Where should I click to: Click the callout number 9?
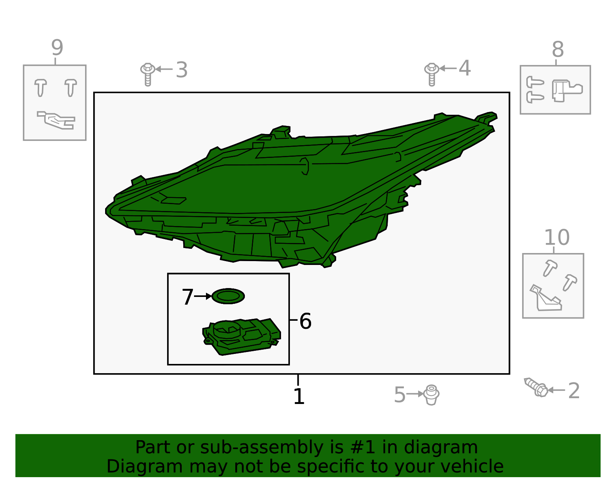[x=57, y=47]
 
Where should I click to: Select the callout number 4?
[x=465, y=68]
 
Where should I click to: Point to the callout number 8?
[x=557, y=49]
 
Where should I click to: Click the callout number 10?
[x=557, y=237]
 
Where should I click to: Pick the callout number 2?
[x=574, y=390]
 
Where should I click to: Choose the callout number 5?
[x=400, y=395]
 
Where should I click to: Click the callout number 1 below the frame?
[x=299, y=396]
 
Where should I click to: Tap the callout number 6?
[x=305, y=321]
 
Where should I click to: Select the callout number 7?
[x=187, y=297]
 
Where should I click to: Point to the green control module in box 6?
[x=241, y=337]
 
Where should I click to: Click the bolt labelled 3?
[x=148, y=74]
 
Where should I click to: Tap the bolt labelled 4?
[x=432, y=74]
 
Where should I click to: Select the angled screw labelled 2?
[x=536, y=387]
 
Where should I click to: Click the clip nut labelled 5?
[x=431, y=395]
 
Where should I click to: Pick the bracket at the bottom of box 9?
[x=57, y=120]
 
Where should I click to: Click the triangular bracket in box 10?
[x=545, y=298]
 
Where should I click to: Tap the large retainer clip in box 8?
[x=567, y=91]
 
